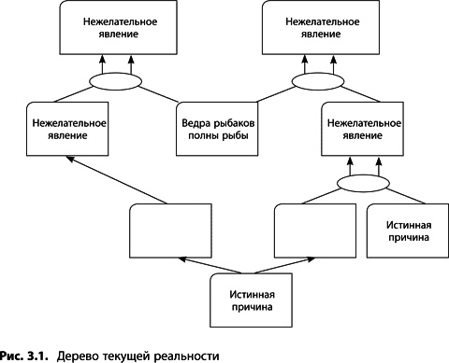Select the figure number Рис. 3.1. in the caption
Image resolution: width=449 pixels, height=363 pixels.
click(25, 355)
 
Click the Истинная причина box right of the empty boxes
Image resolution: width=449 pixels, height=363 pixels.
click(404, 230)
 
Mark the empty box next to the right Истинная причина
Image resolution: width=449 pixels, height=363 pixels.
click(313, 230)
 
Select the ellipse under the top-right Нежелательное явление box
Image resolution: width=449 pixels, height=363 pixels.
click(316, 81)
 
